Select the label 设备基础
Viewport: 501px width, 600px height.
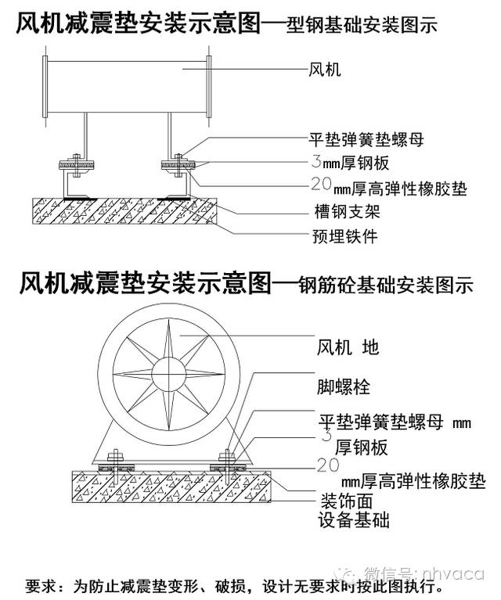pos(354,520)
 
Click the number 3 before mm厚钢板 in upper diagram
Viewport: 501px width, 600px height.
pos(315,163)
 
